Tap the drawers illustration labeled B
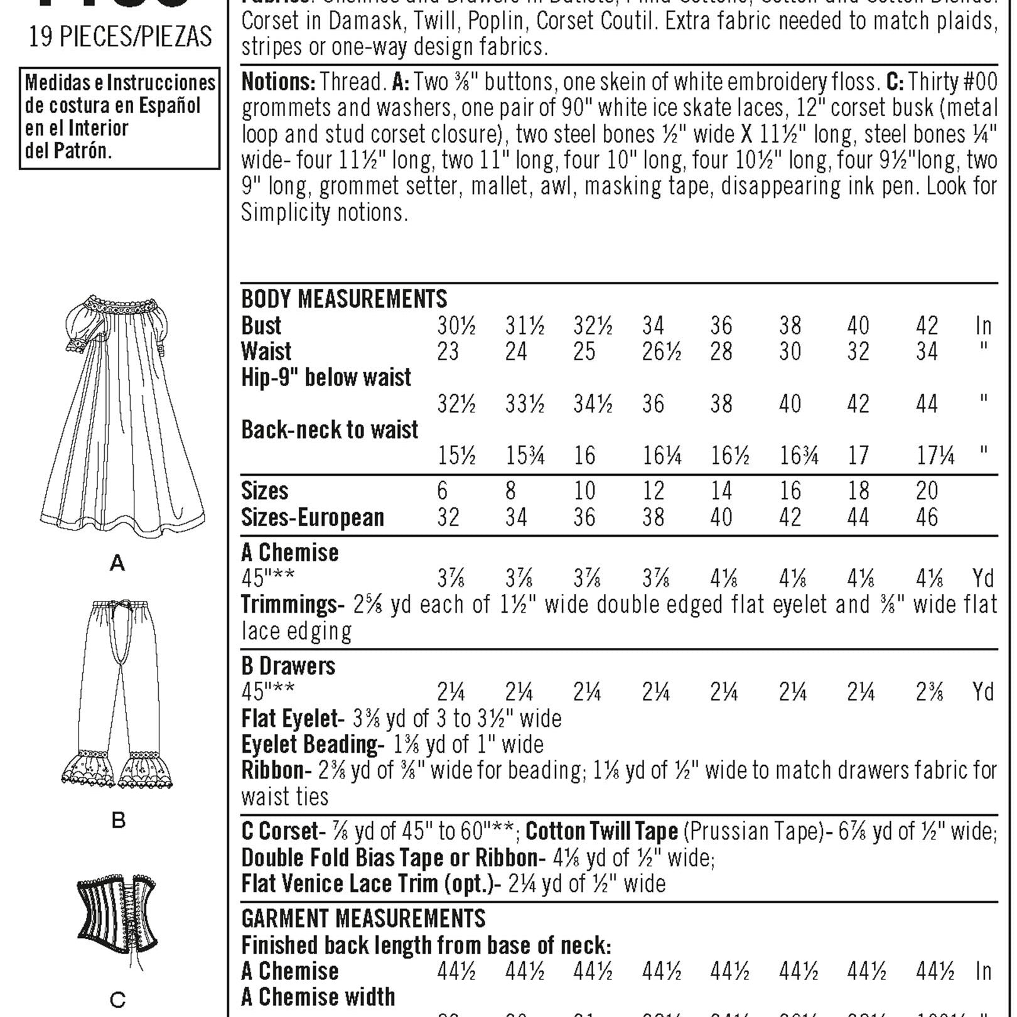click(119, 694)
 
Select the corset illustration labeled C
click(117, 917)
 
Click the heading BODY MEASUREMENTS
click(344, 299)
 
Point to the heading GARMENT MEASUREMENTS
click(363, 918)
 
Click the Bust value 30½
click(456, 326)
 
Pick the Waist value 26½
click(662, 352)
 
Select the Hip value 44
click(927, 404)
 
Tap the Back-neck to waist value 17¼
click(935, 456)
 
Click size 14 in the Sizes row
click(721, 491)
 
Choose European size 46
click(927, 517)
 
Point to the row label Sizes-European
click(313, 517)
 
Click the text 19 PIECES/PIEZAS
click(121, 37)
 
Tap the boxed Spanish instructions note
click(120, 117)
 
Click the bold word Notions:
click(278, 82)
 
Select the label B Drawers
click(288, 665)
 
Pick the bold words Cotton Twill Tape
click(601, 831)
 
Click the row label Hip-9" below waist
click(326, 377)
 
